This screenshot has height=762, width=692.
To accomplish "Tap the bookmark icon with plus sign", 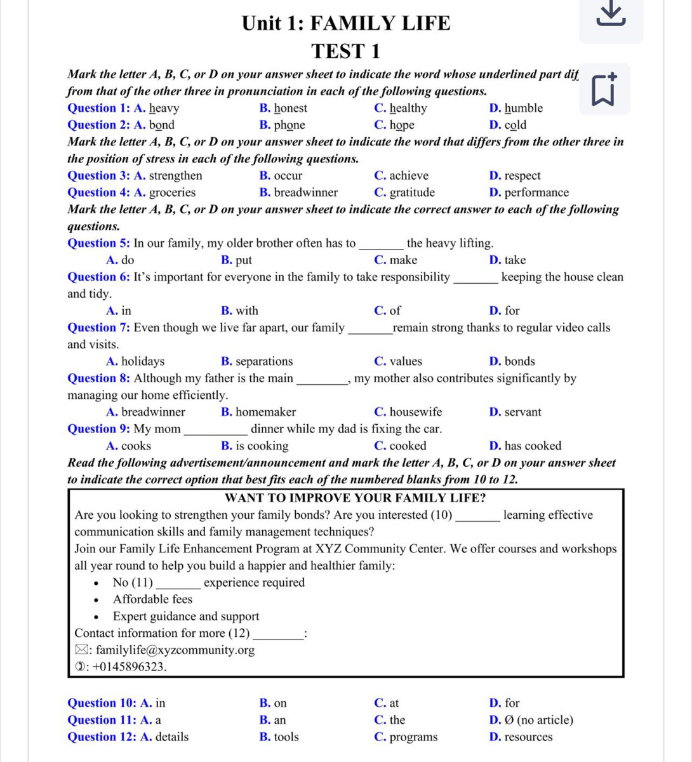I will [x=605, y=90].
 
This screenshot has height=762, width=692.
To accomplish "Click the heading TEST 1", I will [x=346, y=51].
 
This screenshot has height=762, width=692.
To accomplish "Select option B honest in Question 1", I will [x=284, y=108].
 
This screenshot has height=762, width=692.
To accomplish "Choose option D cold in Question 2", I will [x=509, y=125].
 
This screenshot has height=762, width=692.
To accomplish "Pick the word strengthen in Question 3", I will [x=176, y=176].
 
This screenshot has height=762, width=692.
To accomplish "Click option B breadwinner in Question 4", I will [x=299, y=192].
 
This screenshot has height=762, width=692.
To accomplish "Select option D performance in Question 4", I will [x=529, y=192].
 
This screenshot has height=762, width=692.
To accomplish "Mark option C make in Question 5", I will [x=396, y=260].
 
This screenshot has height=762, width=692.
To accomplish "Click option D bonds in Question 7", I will [x=512, y=361].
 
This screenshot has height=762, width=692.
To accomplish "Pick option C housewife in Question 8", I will [x=408, y=412].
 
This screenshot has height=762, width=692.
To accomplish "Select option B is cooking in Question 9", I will [x=255, y=446].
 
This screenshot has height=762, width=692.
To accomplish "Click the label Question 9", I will [x=99, y=429].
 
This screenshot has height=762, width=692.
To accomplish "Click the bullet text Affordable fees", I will [x=152, y=599].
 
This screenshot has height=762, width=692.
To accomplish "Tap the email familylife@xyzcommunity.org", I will [x=175, y=650].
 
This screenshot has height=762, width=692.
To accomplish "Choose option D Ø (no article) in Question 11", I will [x=531, y=720].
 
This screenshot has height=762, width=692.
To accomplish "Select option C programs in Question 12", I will [x=406, y=737].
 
